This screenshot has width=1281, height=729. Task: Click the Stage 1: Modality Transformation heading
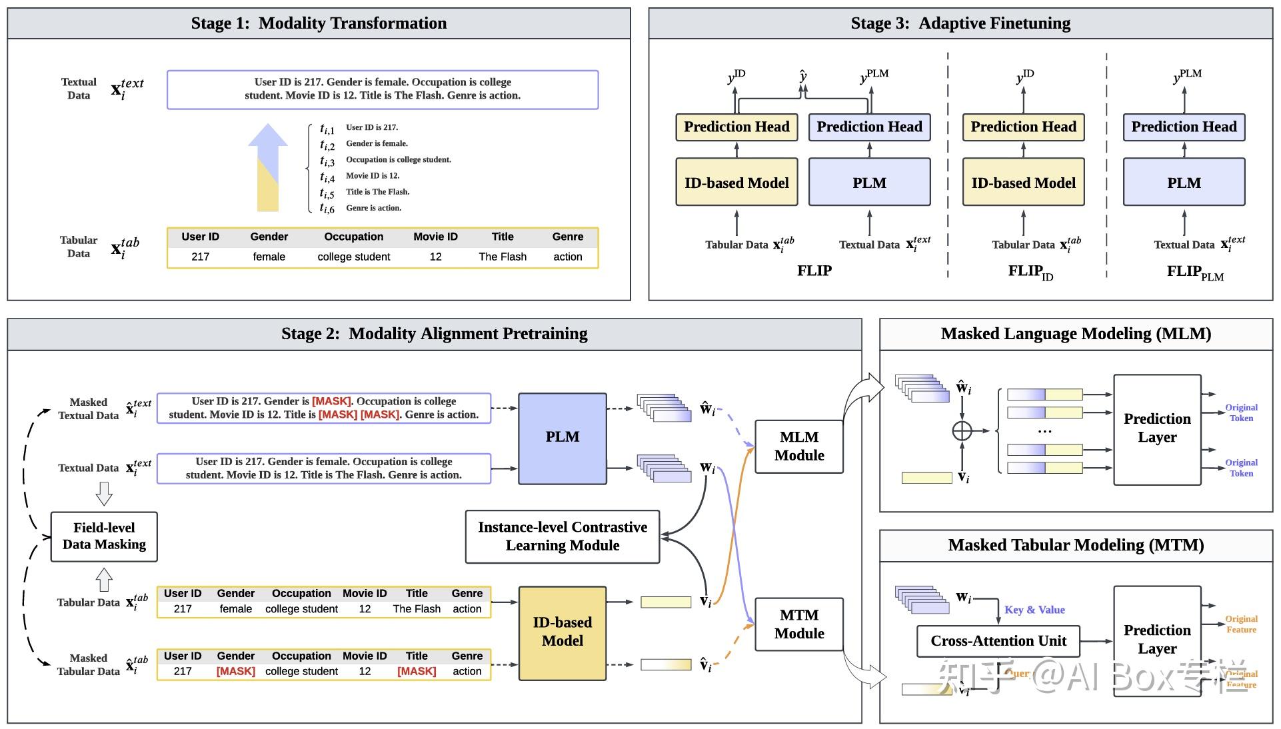319,23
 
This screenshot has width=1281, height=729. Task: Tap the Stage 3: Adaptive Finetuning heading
960,23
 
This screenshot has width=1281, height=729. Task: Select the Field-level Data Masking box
104,536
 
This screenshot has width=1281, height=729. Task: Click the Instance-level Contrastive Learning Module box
562,536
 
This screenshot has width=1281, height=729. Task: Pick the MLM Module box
798,446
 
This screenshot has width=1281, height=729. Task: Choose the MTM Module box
798,624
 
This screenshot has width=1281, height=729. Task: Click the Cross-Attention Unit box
998,641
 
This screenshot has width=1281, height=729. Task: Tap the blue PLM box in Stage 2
562,438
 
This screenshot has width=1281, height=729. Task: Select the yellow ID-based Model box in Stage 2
562,632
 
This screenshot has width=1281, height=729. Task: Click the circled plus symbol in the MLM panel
962,431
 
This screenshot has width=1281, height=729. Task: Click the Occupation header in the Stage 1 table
353,237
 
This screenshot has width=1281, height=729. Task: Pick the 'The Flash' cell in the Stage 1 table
502,257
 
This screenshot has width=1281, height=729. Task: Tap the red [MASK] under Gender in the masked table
235,672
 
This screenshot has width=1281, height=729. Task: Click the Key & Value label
1034,610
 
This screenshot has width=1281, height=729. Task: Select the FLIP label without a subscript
814,271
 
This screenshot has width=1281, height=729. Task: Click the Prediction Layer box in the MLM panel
1156,429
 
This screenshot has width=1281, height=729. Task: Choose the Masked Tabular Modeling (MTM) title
1075,545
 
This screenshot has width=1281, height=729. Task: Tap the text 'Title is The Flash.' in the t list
377,192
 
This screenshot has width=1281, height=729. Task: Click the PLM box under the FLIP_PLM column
1184,183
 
